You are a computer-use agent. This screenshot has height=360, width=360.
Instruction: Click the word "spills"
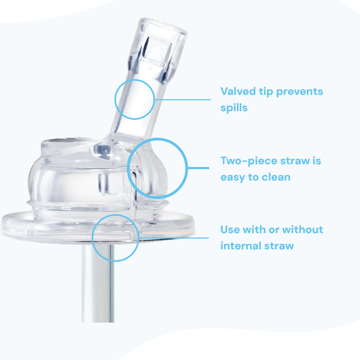tap(234, 107)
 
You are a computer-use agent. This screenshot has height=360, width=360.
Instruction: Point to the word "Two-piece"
tap(248, 161)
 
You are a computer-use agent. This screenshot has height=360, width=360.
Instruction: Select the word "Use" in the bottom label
tap(230, 229)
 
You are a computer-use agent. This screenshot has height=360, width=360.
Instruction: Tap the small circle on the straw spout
tap(134, 99)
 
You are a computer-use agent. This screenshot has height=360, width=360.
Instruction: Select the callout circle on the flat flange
tap(115, 237)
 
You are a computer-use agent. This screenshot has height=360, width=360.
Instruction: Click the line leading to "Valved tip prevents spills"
tap(183, 99)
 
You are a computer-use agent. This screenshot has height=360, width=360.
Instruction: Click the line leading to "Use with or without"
tap(173, 237)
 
